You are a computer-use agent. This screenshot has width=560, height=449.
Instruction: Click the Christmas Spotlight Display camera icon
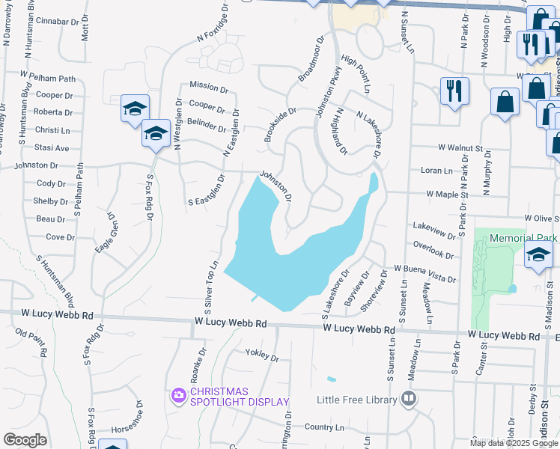coord(179,395)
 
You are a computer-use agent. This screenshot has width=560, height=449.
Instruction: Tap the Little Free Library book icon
coord(409,399)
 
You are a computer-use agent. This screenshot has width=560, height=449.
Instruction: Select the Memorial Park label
coord(524,238)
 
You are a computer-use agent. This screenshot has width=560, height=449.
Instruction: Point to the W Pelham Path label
coord(49,77)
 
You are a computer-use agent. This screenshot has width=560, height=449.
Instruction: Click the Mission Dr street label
coord(208,85)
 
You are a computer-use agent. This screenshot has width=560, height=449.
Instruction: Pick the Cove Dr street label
coord(60,237)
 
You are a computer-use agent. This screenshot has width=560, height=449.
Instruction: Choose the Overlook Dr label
coord(433,245)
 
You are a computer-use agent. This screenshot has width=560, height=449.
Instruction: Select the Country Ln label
coord(324,427)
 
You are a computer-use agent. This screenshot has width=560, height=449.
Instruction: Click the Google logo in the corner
coord(25,440)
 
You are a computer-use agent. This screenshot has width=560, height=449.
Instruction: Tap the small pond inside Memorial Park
coord(512,288)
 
